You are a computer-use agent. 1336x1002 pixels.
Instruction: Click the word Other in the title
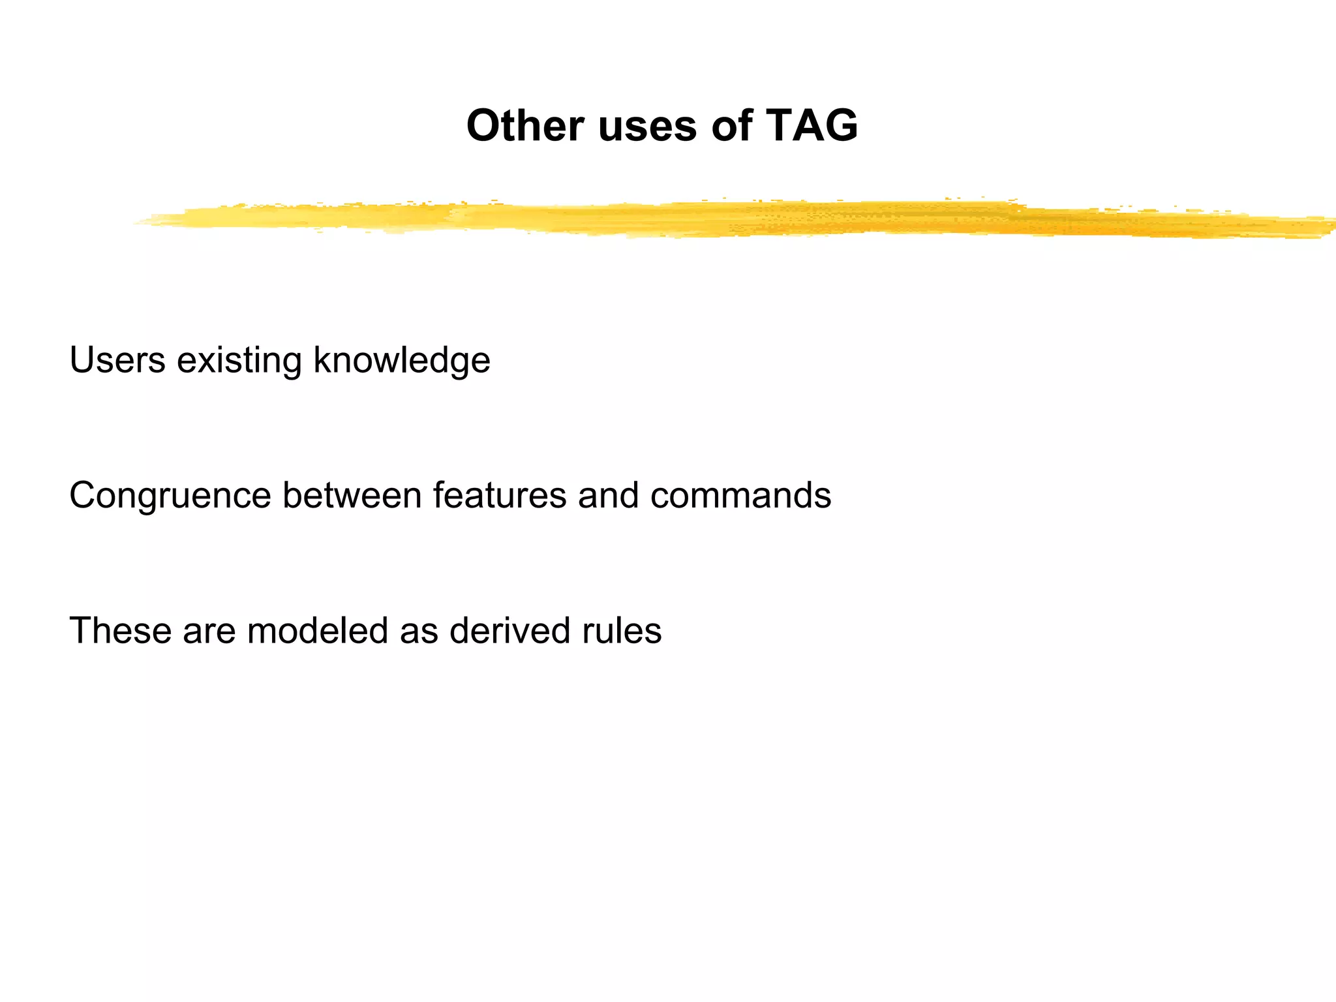pyautogui.click(x=524, y=125)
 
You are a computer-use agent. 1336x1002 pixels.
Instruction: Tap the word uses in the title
pyautogui.click(x=646, y=127)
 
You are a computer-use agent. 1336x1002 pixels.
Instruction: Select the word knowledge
pyautogui.click(x=401, y=361)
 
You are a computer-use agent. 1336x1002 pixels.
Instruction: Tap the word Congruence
pyautogui.click(x=170, y=496)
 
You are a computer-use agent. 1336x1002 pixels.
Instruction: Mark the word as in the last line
pyautogui.click(x=418, y=631)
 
